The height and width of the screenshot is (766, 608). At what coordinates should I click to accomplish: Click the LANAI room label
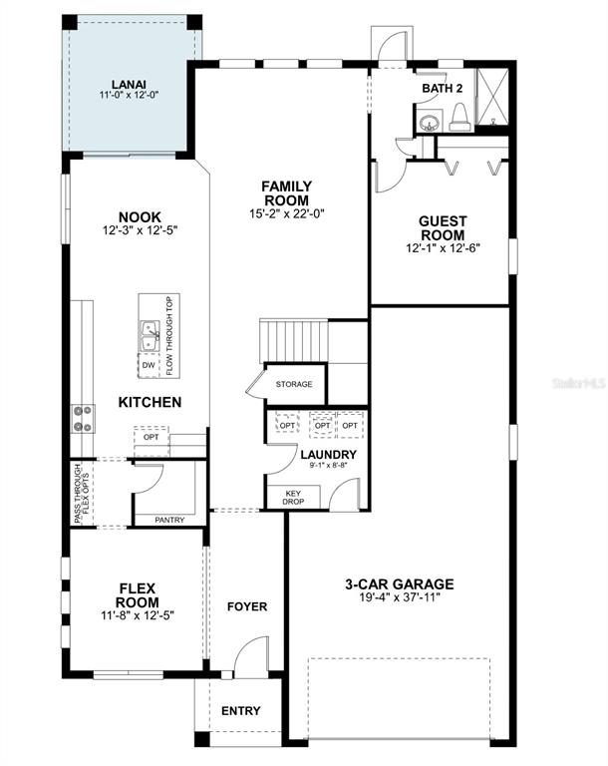(x=129, y=85)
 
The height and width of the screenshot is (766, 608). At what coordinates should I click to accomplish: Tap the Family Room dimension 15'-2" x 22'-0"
(x=287, y=213)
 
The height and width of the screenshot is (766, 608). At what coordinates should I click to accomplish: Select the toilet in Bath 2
(x=460, y=119)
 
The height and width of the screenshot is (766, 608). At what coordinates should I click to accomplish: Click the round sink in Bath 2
(x=430, y=122)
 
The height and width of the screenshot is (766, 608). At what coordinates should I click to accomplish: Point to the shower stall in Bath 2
(x=491, y=97)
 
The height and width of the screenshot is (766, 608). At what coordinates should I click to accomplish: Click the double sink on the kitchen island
(x=150, y=336)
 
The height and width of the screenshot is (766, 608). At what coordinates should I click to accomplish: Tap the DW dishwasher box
(x=149, y=365)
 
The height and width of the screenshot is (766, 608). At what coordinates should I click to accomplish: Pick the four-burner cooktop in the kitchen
(x=83, y=419)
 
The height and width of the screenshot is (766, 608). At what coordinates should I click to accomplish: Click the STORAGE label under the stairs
(x=294, y=384)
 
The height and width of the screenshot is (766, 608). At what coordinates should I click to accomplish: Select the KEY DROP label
(x=293, y=498)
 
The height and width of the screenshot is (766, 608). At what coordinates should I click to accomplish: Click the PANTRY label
(x=169, y=521)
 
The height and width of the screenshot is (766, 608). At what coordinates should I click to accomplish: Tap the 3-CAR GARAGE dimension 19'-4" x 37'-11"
(x=400, y=597)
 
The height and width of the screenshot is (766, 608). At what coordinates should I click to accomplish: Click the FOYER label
(x=247, y=606)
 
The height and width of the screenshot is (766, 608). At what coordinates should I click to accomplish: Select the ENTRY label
(x=241, y=711)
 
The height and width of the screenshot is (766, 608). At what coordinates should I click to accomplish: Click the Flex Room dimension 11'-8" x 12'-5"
(x=138, y=615)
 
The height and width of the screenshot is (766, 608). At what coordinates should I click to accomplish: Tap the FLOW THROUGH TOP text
(x=169, y=336)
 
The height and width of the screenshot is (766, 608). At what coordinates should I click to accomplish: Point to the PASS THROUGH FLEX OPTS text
(x=82, y=494)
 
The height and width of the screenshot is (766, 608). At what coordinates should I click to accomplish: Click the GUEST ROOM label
(x=443, y=227)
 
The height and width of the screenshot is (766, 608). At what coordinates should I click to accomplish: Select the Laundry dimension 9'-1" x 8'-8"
(x=328, y=466)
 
